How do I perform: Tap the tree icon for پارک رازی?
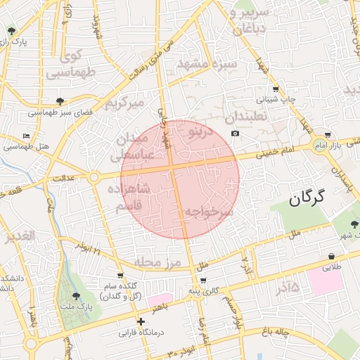point(12,31)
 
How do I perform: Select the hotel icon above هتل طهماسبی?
point(27,136)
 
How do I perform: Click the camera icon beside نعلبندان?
point(235,134)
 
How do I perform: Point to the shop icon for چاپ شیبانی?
point(275,89)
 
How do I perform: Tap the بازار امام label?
point(346,144)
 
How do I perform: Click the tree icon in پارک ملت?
point(76,296)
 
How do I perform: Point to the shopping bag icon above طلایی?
point(330,257)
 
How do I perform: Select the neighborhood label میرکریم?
point(124,103)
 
